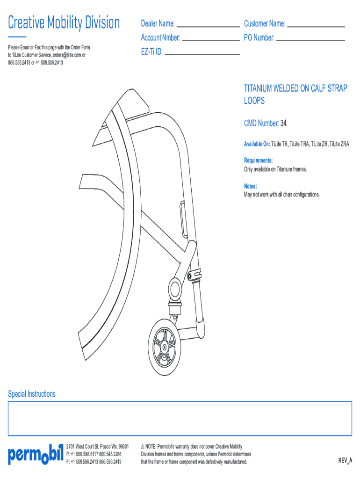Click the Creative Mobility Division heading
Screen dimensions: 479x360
[64, 22]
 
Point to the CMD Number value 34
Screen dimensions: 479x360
[283, 123]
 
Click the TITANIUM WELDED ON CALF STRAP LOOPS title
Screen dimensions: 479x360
[295, 94]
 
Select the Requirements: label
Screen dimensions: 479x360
[258, 160]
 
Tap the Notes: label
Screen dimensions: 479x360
[251, 186]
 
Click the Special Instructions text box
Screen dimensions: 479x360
[180, 419]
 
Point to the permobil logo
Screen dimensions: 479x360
[35, 454]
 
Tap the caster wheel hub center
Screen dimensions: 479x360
[165, 348]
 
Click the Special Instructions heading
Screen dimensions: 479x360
[32, 394]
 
